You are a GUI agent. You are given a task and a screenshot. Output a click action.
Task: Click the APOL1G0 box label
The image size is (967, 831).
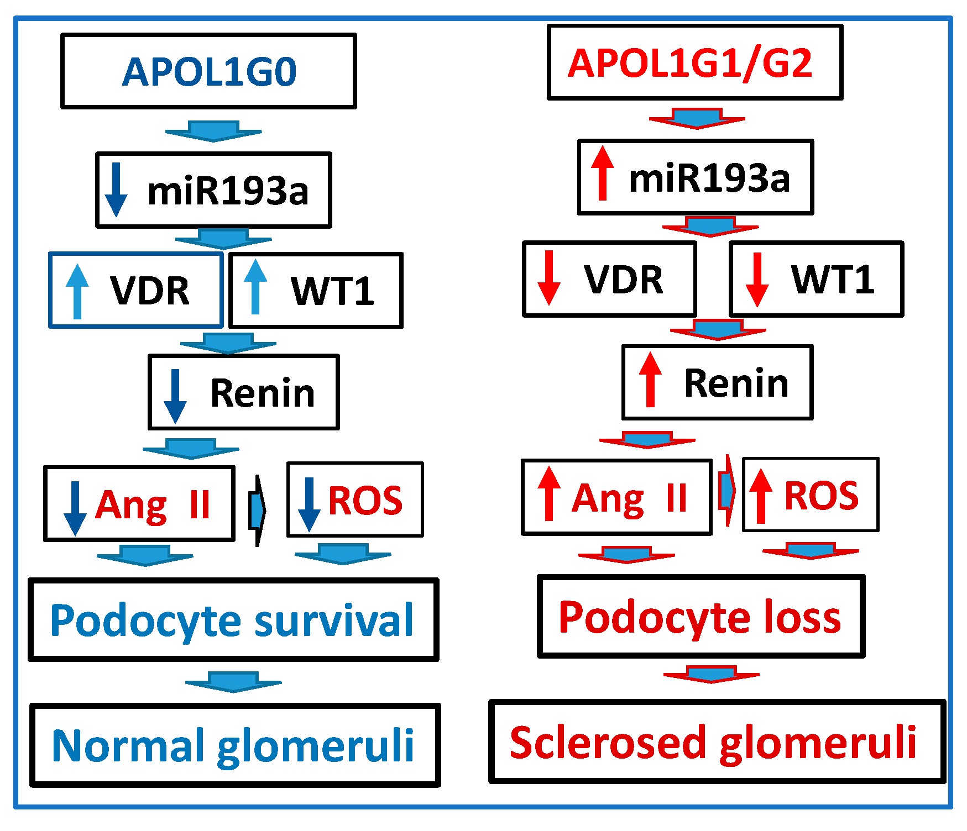(209, 72)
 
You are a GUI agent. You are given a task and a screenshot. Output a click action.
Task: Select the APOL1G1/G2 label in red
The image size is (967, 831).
(689, 63)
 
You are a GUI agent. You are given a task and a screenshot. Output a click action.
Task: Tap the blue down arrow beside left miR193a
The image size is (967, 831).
(116, 190)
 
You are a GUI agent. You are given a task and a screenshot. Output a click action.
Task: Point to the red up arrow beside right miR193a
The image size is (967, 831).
(602, 173)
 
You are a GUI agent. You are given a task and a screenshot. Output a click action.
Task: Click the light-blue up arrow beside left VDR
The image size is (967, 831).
(77, 292)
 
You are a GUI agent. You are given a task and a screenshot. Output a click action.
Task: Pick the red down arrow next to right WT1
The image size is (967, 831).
(757, 280)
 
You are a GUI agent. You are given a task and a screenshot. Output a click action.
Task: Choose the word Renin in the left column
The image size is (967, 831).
(263, 393)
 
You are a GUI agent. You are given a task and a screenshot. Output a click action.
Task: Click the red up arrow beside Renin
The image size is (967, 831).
(650, 380)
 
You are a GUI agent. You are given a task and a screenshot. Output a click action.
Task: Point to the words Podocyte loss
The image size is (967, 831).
(699, 617)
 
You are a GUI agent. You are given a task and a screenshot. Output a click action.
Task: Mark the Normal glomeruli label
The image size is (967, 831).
(233, 746)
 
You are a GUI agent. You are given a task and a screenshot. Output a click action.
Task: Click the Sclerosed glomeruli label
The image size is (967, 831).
(713, 743)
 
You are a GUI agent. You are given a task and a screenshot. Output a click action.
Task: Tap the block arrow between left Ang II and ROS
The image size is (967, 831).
(257, 509)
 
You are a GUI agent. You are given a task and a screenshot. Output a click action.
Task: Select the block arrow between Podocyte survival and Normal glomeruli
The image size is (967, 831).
(233, 681)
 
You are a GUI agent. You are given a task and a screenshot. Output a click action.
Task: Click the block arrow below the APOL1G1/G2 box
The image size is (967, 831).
(697, 118)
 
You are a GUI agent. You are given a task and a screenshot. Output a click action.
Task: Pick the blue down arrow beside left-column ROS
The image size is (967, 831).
(309, 504)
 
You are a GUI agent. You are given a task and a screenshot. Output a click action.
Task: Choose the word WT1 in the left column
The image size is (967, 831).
(332, 291)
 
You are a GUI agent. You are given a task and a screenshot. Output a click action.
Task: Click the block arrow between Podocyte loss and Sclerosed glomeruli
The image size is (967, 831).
(711, 674)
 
